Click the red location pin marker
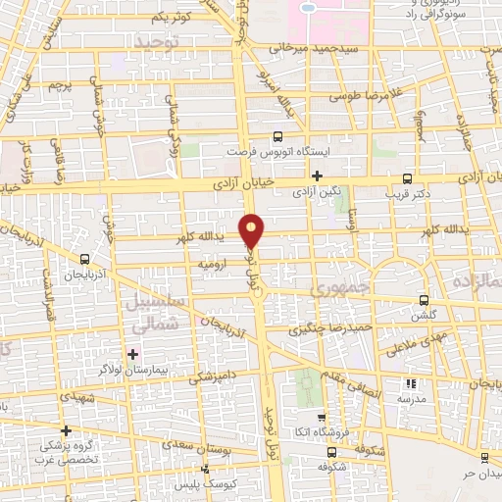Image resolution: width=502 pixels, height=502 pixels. coord(252,229)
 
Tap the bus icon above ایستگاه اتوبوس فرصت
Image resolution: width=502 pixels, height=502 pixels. coord(277,137)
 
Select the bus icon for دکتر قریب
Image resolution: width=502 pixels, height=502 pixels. coord(407,178)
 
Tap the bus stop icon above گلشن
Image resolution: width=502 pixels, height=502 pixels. coord(424,300)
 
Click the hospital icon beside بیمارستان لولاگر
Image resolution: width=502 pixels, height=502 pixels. coord(133,353)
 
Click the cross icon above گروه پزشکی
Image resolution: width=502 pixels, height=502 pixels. coord(66,429)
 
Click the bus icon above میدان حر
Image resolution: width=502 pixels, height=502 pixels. coord(484,458)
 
